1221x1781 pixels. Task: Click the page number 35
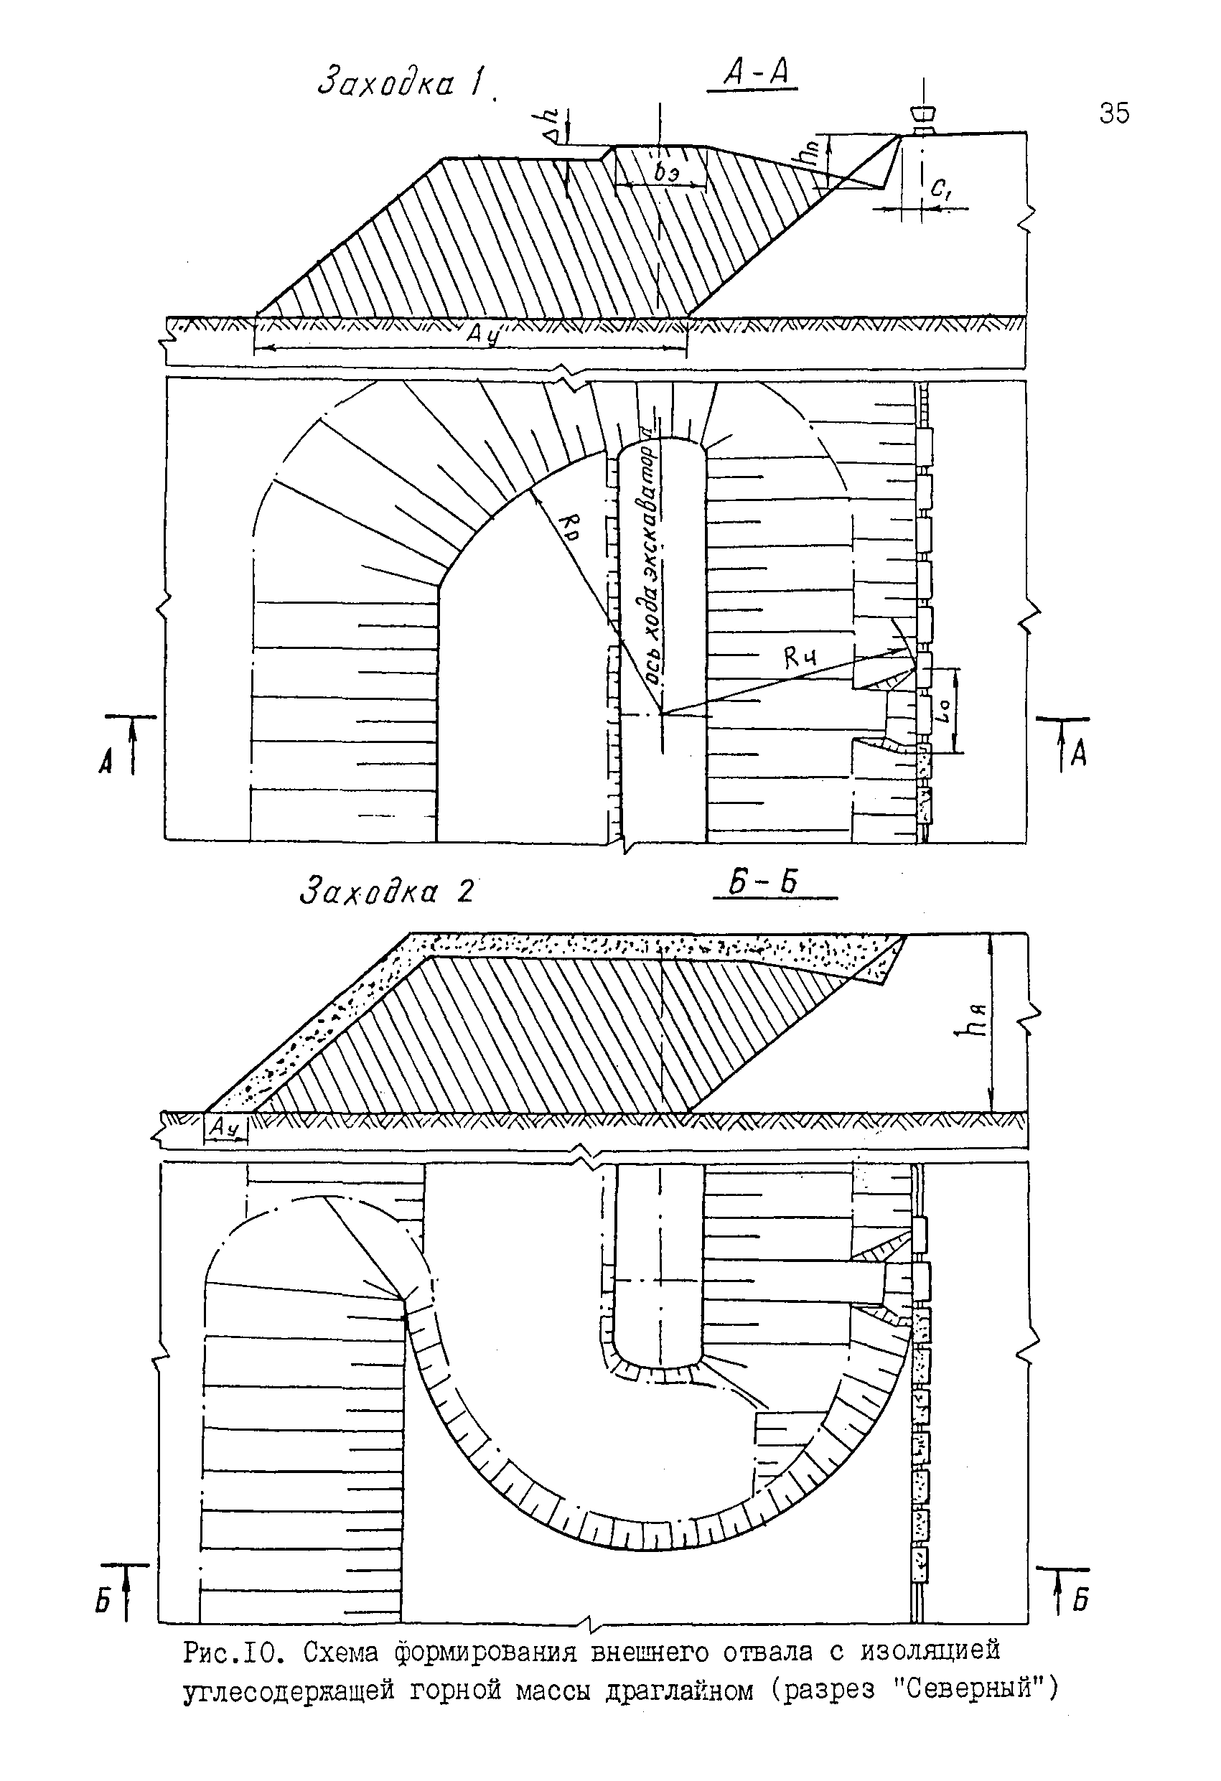1114,113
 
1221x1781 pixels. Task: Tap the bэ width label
665,173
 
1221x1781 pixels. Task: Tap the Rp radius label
569,525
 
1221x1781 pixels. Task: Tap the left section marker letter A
106,761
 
